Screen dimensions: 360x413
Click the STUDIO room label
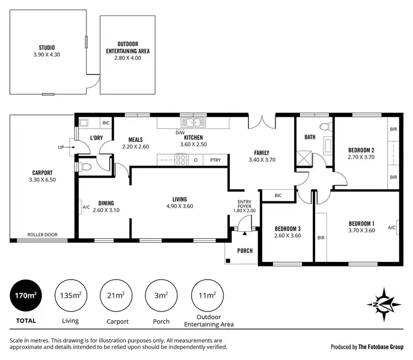click(x=47, y=47)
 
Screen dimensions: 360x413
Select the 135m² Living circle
click(x=70, y=296)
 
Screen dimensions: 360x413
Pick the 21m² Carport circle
click(x=116, y=296)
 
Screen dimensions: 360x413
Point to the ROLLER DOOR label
click(x=43, y=234)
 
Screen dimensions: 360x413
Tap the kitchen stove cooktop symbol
click(x=180, y=160)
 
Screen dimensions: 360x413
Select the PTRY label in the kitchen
click(x=215, y=160)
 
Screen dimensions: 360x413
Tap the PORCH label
click(x=244, y=251)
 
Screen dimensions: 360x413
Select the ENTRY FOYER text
click(x=244, y=204)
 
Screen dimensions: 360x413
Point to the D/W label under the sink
click(x=180, y=133)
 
